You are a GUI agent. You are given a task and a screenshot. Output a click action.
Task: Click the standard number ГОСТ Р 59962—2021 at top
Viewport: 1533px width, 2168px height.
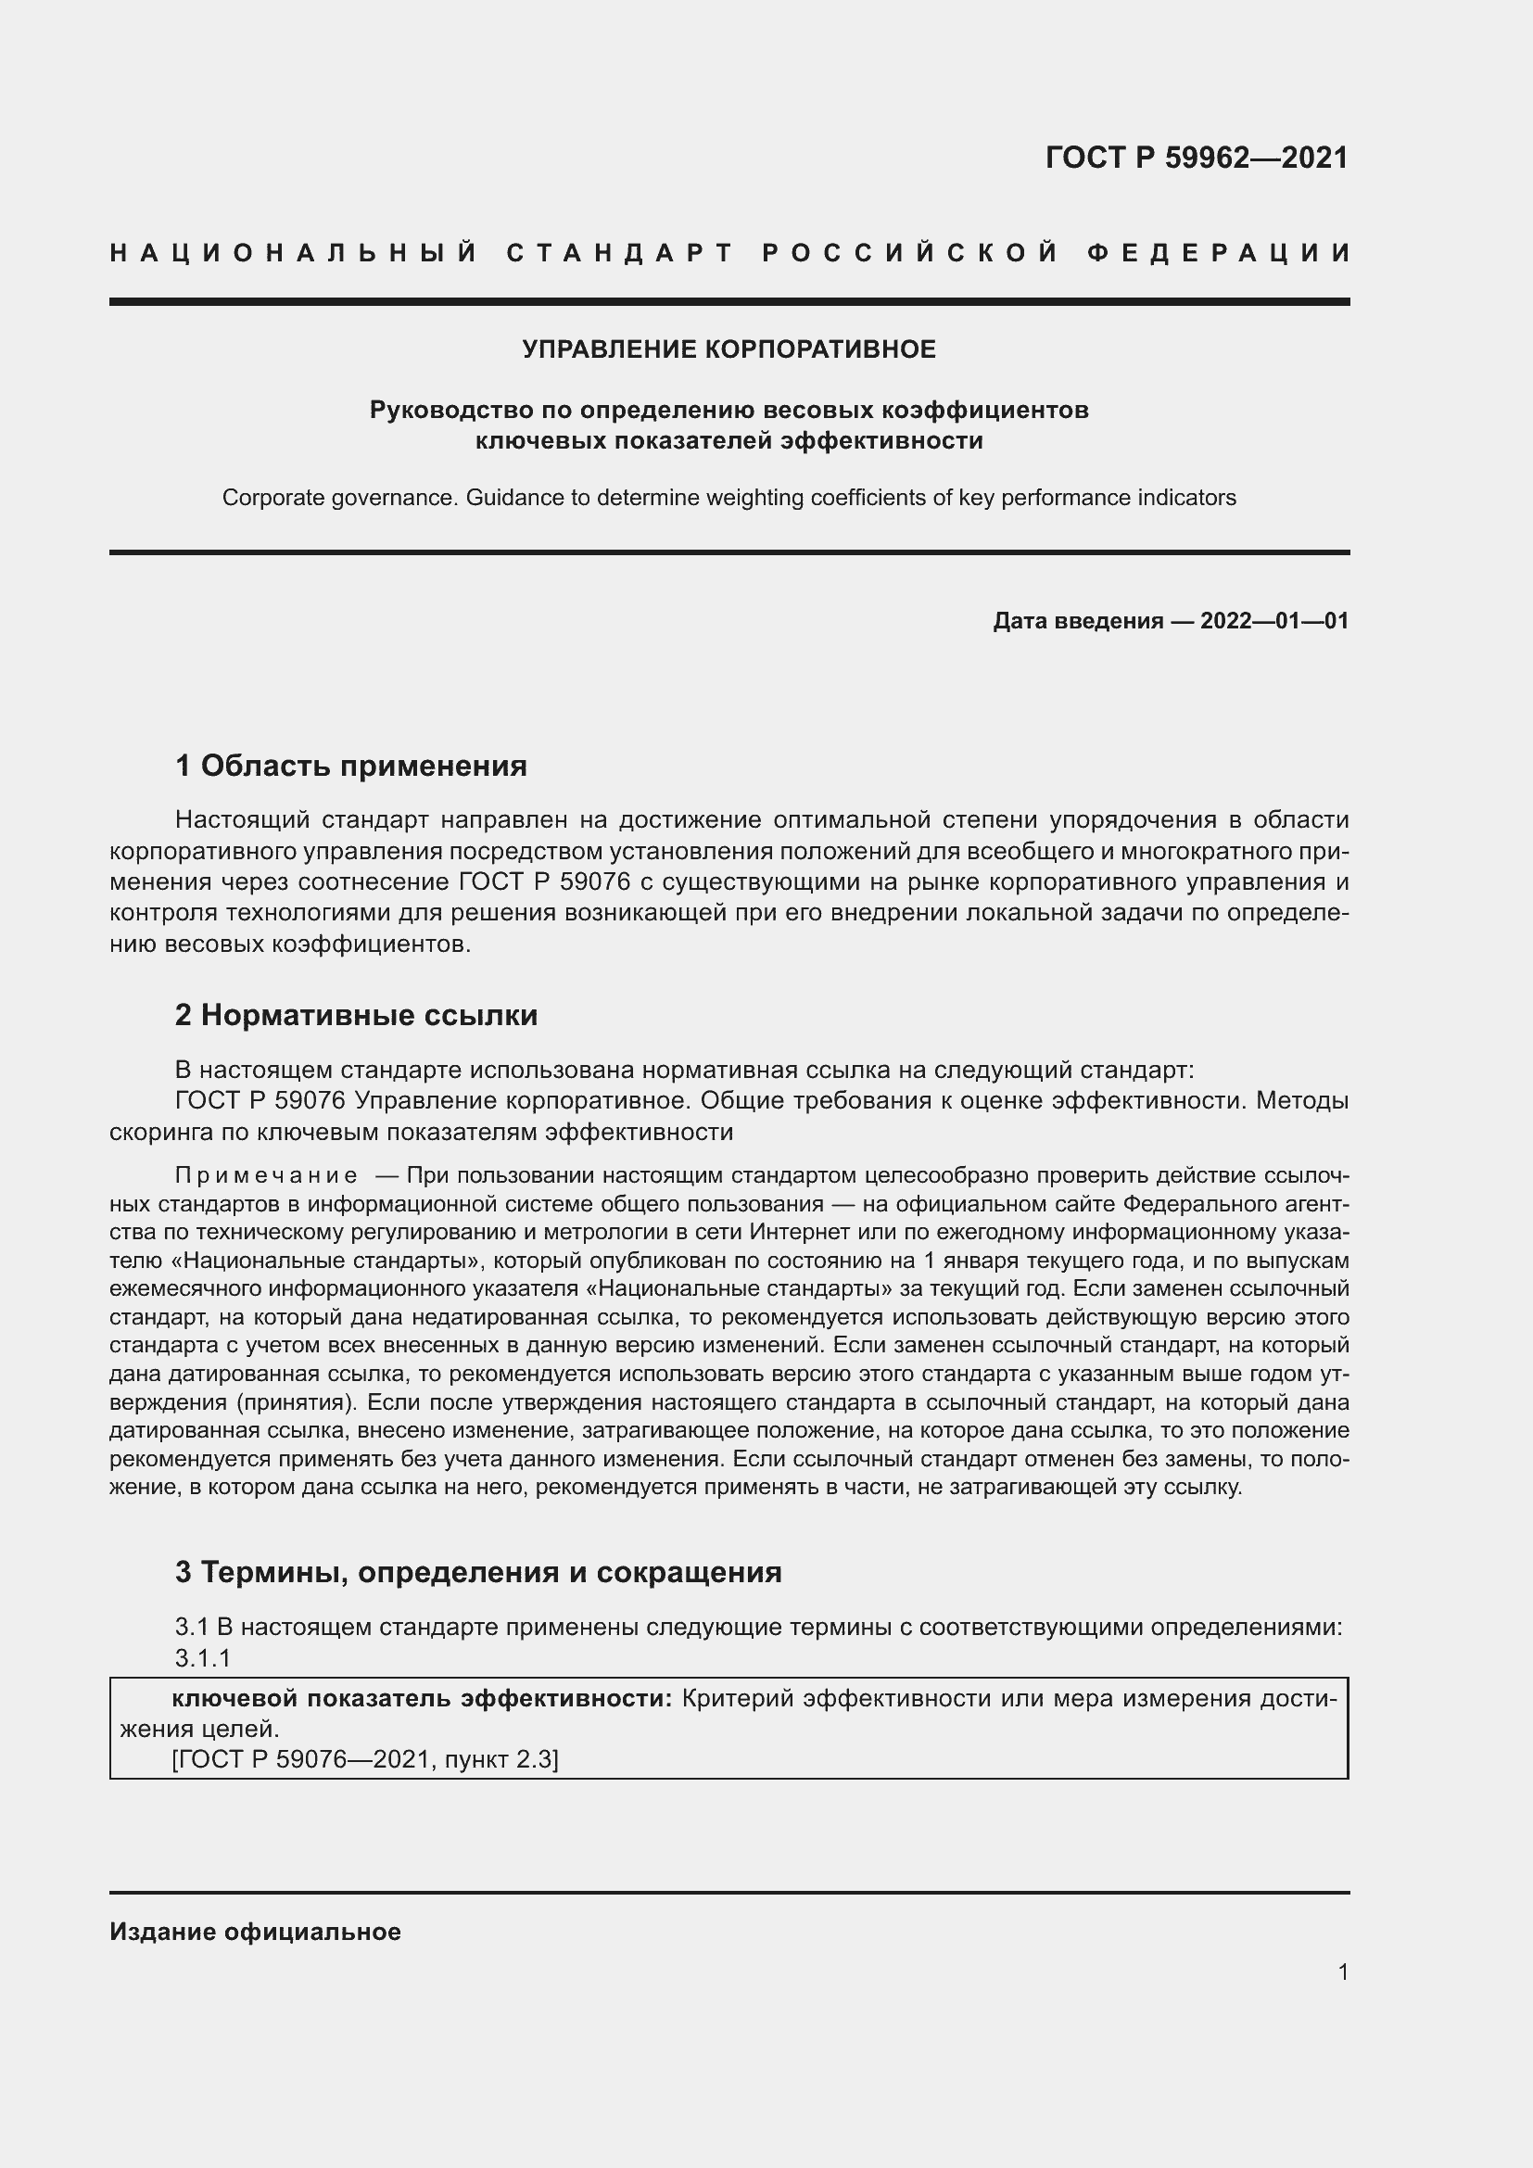pos(1196,157)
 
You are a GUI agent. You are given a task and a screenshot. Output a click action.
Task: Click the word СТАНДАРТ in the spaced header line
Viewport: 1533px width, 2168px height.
pos(620,253)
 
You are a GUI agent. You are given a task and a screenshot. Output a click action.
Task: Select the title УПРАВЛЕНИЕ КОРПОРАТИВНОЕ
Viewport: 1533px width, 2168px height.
pos(728,349)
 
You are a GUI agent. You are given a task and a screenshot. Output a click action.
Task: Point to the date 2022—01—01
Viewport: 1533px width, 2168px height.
pos(1274,620)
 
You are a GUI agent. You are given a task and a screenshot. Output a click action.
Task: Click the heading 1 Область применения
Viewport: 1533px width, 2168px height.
pos(350,765)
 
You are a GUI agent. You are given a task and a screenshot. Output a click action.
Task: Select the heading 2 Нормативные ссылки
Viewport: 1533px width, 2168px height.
pos(356,1015)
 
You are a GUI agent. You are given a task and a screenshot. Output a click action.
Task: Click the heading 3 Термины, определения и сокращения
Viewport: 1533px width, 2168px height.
pos(477,1571)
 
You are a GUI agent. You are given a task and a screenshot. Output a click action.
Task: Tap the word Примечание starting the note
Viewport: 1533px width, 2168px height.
pos(266,1174)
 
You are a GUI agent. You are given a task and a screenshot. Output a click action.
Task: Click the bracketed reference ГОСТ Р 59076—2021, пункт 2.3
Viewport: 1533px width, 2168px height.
pos(365,1759)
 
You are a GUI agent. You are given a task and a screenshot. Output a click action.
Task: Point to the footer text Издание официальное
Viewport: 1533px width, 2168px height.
pos(255,1932)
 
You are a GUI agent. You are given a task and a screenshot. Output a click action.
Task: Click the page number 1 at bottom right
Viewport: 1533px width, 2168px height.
pos(1342,1971)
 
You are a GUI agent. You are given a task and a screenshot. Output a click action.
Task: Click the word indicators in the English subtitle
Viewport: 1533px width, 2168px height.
pos(1190,498)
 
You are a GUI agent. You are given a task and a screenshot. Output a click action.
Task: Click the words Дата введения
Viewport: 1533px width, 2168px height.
pos(1077,620)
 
